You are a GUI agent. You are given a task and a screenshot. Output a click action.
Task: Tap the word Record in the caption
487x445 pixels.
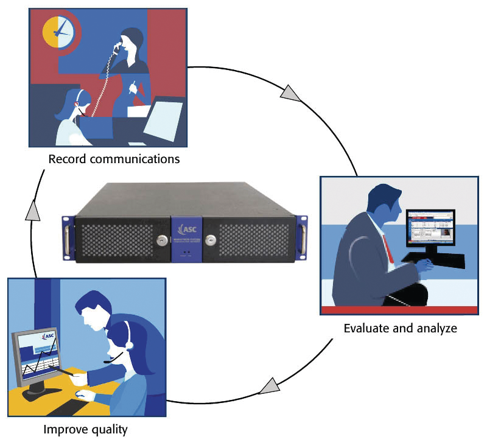coord(65,160)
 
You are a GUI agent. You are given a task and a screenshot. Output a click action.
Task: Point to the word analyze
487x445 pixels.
coord(436,329)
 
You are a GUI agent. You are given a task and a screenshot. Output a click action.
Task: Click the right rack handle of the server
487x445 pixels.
coord(301,235)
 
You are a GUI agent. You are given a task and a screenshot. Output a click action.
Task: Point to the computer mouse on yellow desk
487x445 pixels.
coord(80,394)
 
